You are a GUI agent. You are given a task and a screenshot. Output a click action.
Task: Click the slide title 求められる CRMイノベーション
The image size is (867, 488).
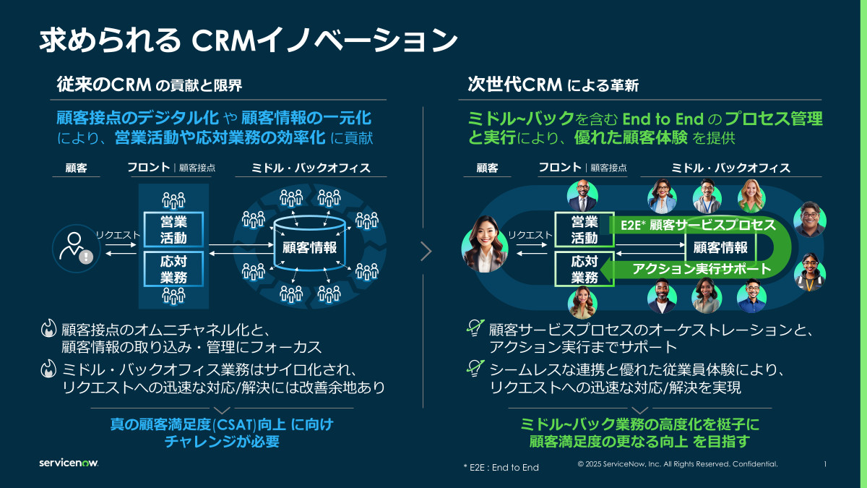[248, 40]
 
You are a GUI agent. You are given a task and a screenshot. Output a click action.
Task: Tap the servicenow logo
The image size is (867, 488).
[69, 463]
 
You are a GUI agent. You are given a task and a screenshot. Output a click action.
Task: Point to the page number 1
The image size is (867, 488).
[825, 464]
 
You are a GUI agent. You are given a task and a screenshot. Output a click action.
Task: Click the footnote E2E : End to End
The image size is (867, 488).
[501, 468]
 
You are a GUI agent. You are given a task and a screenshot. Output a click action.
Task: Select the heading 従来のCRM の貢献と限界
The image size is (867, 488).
[150, 85]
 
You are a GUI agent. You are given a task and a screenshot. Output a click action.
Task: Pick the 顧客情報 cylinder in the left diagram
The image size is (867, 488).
[309, 248]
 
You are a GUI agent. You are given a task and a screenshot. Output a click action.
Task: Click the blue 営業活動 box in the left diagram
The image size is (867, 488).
[173, 230]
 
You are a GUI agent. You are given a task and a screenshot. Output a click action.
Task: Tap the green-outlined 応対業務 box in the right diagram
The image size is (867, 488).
[585, 269]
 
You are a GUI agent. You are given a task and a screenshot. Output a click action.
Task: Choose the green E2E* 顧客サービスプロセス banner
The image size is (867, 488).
[697, 225]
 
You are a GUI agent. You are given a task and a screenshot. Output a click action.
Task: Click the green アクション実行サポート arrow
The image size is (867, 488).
[694, 270]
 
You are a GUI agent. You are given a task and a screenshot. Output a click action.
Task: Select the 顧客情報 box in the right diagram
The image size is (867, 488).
[720, 247]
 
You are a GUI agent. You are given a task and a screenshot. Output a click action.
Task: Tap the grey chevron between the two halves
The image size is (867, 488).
[426, 251]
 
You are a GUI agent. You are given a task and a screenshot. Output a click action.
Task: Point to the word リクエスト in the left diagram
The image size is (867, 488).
[119, 234]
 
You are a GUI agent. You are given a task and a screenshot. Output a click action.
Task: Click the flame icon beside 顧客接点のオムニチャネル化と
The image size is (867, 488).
[48, 330]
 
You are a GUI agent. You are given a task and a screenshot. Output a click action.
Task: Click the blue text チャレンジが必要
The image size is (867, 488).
[222, 441]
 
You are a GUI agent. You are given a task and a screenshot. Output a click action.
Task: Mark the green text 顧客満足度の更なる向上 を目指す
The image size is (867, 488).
[639, 442]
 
